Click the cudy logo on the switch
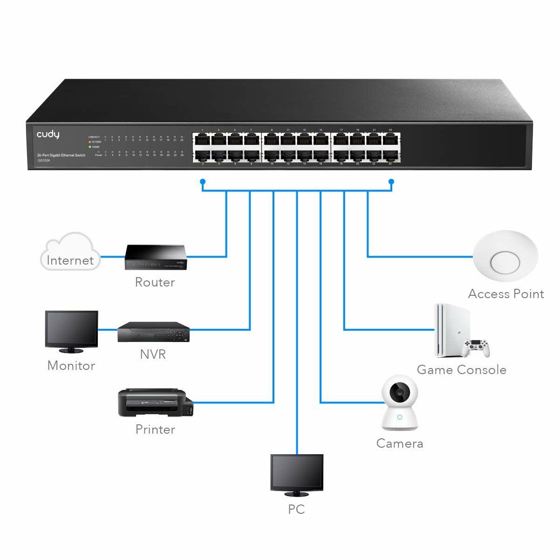(48, 135)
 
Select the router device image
(155, 258)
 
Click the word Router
(155, 282)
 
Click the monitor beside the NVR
(71, 330)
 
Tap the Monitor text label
(71, 366)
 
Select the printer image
(155, 402)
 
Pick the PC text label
(296, 510)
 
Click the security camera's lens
(400, 394)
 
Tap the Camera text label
(400, 443)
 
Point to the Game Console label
(461, 370)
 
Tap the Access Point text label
(506, 294)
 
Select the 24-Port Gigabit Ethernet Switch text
(61, 154)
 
